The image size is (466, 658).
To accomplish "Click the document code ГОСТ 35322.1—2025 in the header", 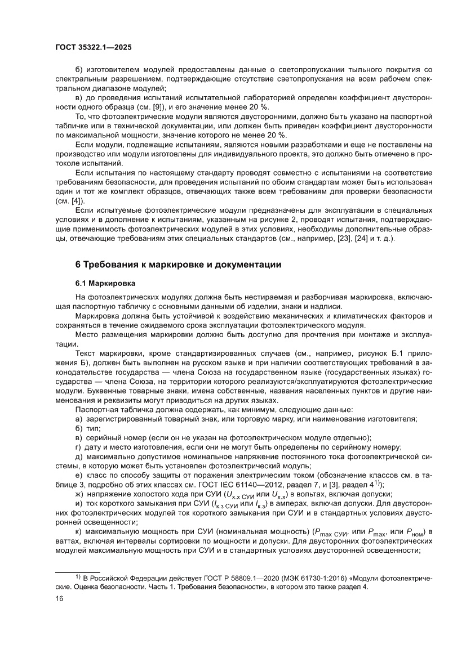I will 94,48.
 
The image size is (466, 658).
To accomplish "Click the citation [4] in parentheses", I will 76,200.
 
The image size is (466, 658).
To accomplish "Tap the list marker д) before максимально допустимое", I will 79,456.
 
